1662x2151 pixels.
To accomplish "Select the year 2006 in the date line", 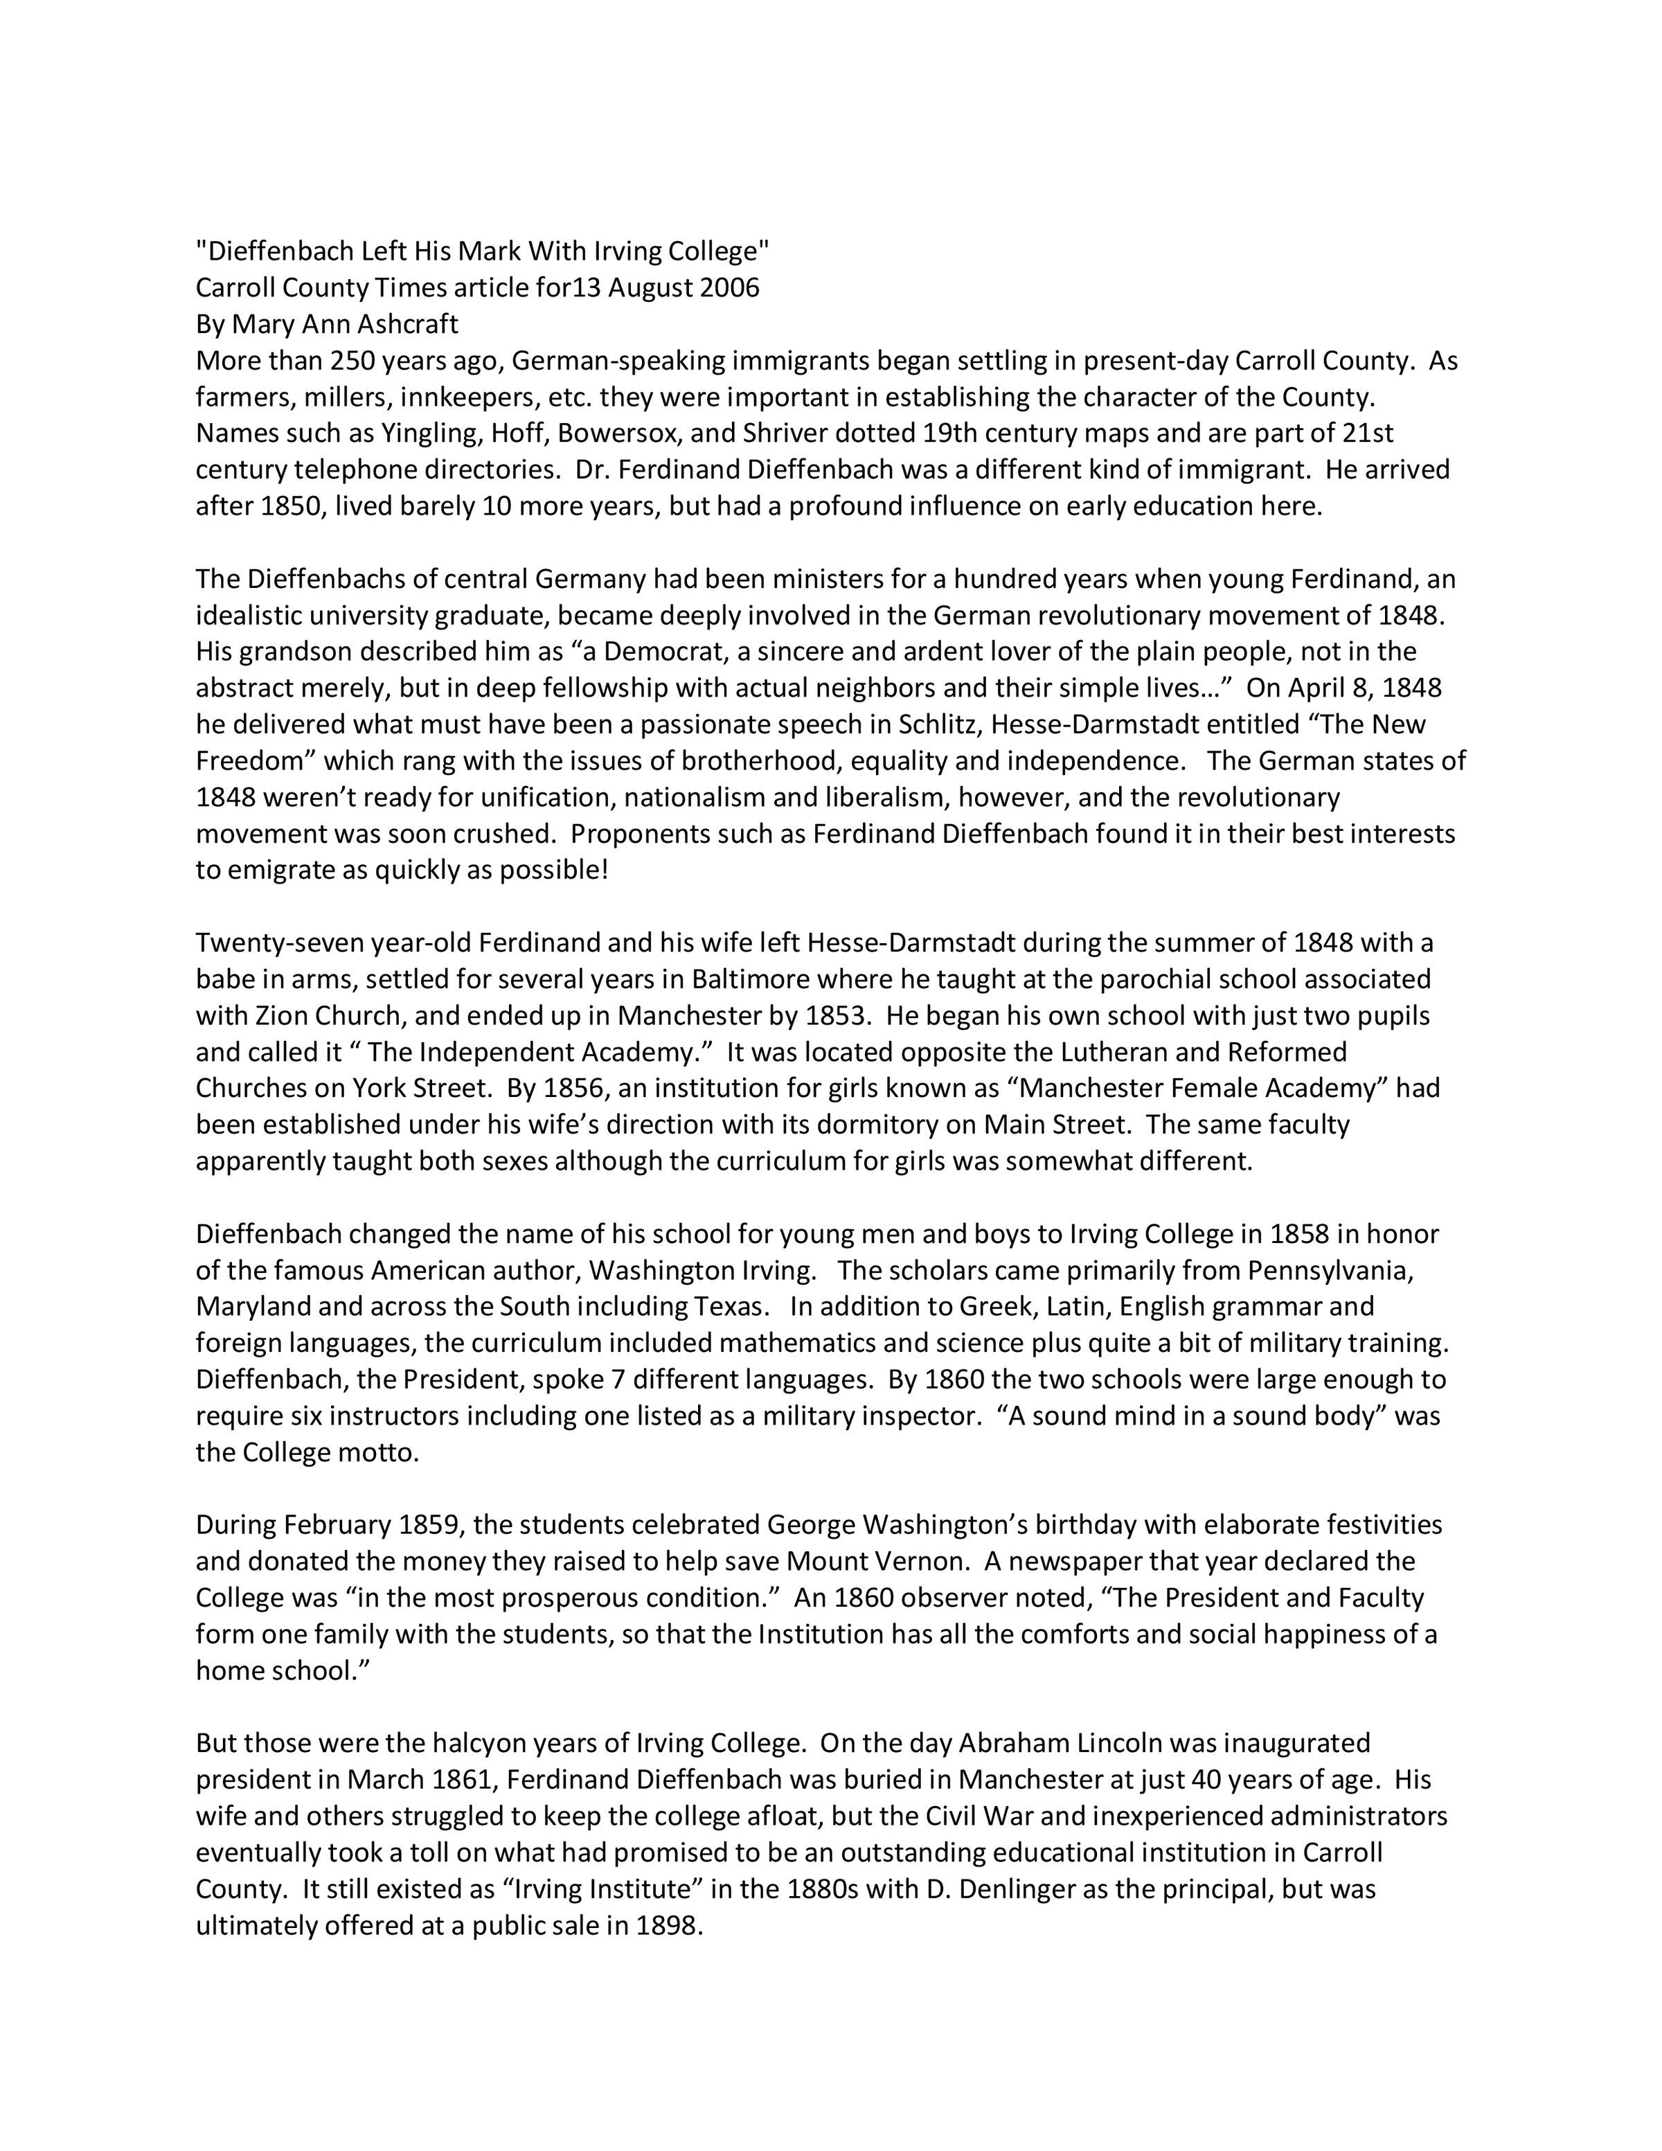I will [729, 287].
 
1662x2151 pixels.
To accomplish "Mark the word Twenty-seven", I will [278, 943].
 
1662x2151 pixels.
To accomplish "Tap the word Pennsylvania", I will [1330, 1271].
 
